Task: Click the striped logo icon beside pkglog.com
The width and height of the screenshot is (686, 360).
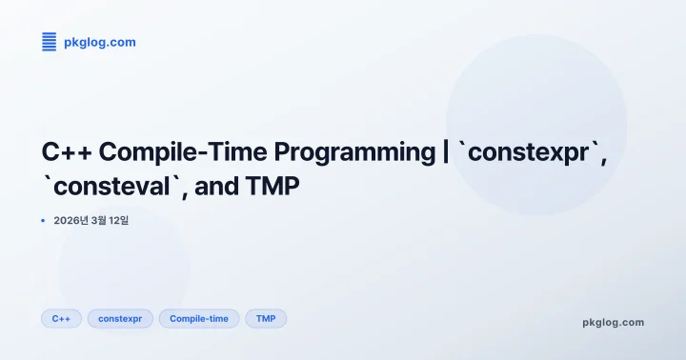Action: click(49, 41)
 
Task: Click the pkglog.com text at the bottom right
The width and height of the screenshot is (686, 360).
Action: click(613, 322)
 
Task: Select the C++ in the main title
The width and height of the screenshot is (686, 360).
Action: click(67, 151)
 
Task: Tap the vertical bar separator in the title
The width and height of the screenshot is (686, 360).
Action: click(445, 151)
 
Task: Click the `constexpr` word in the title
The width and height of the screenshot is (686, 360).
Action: click(529, 151)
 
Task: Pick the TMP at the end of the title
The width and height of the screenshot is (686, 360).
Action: click(276, 188)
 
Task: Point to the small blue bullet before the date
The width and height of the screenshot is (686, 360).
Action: click(44, 221)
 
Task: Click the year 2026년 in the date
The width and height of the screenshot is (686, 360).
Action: click(71, 221)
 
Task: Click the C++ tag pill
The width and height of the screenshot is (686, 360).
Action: click(62, 318)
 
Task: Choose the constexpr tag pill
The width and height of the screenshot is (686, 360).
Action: click(120, 318)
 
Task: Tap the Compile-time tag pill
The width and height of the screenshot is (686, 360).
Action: click(199, 318)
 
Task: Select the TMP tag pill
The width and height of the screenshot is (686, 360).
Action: click(266, 318)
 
